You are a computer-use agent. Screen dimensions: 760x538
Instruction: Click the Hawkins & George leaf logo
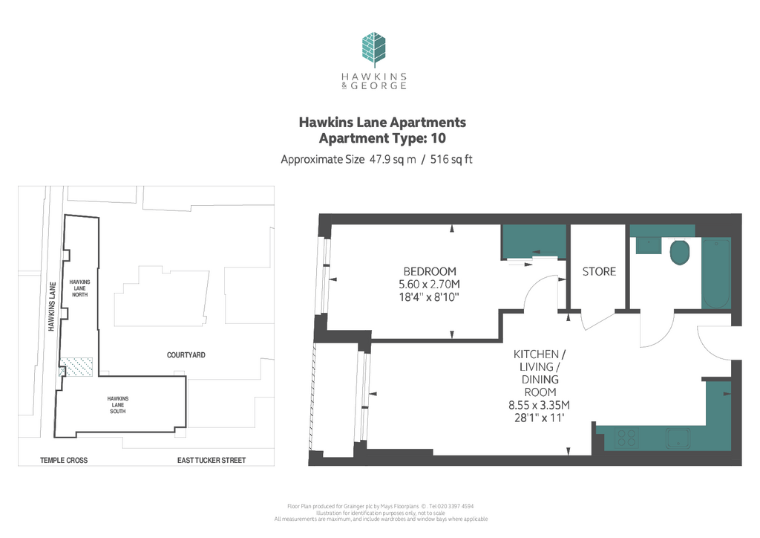(x=374, y=50)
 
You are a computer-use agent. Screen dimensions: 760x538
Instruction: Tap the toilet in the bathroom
(x=680, y=252)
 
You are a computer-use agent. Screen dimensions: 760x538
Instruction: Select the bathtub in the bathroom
(x=716, y=273)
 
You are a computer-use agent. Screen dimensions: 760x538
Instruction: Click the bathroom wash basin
(x=649, y=245)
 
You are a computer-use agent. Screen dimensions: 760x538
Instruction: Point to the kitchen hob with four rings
(x=626, y=438)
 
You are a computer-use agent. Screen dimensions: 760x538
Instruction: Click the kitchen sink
(x=678, y=438)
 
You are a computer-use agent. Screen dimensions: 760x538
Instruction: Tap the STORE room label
(x=599, y=272)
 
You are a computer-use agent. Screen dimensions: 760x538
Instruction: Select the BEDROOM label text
(x=430, y=271)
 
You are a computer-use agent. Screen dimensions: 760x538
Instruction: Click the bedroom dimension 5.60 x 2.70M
(x=429, y=285)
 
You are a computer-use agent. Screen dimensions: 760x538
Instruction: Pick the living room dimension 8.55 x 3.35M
(x=539, y=404)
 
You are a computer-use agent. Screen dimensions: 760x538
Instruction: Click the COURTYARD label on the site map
(x=186, y=355)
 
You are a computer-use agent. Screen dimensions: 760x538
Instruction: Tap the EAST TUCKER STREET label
(x=212, y=461)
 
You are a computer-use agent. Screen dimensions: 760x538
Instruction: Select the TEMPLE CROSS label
(x=64, y=461)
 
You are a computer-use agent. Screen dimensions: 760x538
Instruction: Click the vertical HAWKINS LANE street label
(x=52, y=307)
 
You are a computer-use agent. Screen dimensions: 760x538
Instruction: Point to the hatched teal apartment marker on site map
(x=76, y=367)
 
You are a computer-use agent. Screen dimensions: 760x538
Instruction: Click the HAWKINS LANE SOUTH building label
(x=118, y=405)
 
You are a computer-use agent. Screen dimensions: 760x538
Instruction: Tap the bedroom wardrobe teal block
(x=534, y=242)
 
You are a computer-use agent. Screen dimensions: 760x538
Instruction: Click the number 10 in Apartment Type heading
(x=438, y=138)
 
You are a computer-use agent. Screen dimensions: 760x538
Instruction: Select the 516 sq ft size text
(x=451, y=160)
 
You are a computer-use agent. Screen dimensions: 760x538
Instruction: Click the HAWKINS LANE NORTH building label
(x=80, y=288)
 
